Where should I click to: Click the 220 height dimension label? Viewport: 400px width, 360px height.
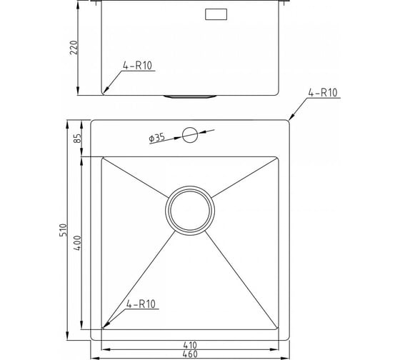[x=74, y=47]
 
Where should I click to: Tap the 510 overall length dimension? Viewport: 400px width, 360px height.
[x=63, y=230]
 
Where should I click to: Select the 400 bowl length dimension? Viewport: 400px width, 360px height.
[x=77, y=243]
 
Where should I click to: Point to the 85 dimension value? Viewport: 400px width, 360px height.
[x=78, y=138]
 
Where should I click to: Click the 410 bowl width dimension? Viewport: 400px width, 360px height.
[x=190, y=345]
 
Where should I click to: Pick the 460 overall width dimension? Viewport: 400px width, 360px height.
[x=190, y=354]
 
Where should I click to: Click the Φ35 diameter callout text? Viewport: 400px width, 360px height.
[x=156, y=138]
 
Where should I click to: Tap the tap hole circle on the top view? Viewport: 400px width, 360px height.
[x=190, y=135]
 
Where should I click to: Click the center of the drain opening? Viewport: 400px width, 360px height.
[x=190, y=211]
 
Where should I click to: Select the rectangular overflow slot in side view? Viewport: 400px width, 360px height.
[x=216, y=14]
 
